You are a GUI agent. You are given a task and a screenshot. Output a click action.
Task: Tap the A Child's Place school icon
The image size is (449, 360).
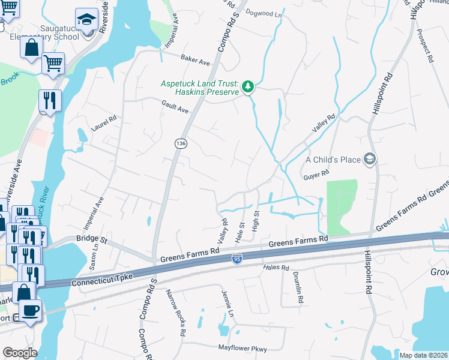coord(370,159)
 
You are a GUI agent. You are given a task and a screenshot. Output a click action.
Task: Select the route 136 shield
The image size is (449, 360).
coord(179,144)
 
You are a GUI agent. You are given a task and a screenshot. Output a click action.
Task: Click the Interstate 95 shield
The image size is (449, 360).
coord(237,259)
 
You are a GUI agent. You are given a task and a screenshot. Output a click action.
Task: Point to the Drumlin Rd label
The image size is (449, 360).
coord(298,287)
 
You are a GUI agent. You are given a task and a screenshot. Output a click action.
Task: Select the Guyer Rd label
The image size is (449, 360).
coord(318,173)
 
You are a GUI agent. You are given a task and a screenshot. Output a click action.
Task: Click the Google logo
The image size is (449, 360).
coord(20,352)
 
